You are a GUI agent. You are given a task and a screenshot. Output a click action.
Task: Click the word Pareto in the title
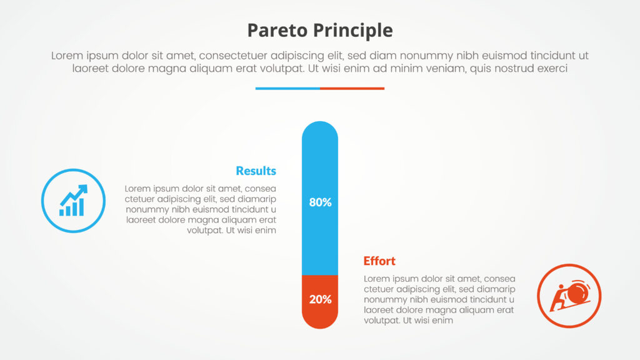[x=277, y=30]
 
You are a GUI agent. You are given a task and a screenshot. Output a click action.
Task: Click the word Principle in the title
[x=353, y=31]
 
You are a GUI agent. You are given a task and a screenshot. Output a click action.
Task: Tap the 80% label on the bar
[x=320, y=202]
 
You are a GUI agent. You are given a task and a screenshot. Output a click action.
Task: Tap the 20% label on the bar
[x=320, y=299]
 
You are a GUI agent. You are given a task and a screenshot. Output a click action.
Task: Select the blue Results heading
[x=256, y=171]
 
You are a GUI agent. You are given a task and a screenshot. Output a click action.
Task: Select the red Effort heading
[x=379, y=261]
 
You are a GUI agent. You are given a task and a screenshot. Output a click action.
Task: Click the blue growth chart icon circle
[x=74, y=201]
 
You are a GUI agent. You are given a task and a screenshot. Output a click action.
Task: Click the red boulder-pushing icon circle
[x=569, y=296]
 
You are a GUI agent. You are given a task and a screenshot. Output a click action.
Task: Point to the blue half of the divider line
[x=287, y=88]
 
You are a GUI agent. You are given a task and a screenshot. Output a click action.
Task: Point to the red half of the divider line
[x=352, y=88]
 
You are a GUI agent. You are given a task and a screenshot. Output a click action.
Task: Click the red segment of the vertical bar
[x=320, y=302]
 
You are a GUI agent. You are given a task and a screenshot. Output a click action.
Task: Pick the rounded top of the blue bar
[x=320, y=131]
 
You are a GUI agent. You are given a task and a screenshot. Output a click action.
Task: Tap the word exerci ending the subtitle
[x=552, y=68]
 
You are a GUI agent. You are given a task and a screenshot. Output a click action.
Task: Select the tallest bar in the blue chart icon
[x=82, y=206]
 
